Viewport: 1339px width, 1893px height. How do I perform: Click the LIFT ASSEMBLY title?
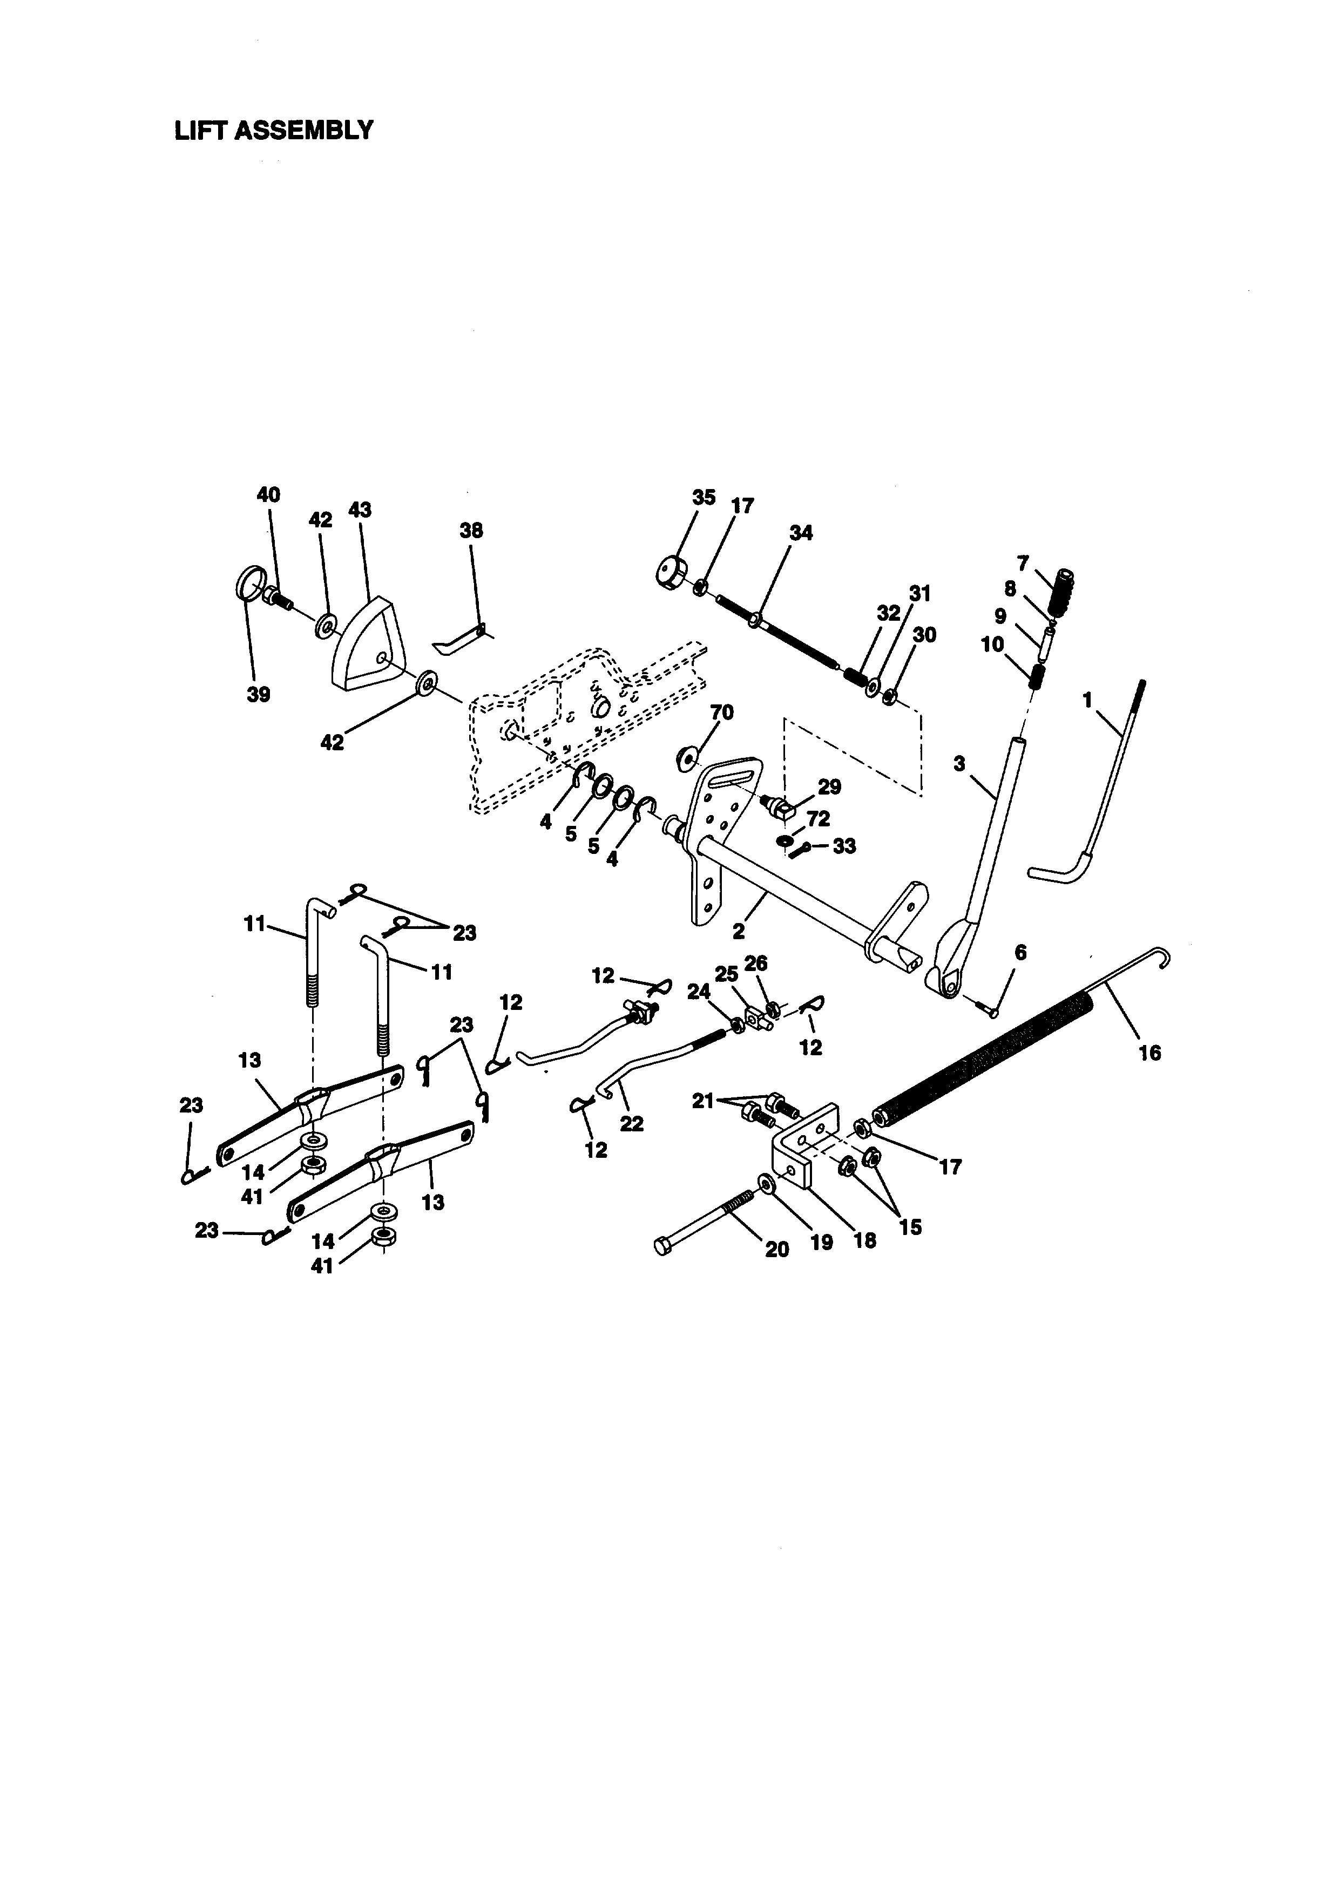(274, 130)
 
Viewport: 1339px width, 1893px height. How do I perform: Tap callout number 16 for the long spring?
(1149, 1053)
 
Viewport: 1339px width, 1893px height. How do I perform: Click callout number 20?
(777, 1250)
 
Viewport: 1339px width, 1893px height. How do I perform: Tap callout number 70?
(721, 711)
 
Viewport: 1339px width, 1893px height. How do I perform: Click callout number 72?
(818, 819)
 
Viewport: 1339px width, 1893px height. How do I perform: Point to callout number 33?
(844, 846)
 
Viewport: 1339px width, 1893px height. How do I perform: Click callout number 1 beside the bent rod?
(1087, 701)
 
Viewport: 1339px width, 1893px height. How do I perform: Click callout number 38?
(471, 531)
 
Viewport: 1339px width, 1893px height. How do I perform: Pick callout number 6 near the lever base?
(1021, 953)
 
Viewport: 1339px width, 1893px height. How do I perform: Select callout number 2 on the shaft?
(739, 932)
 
